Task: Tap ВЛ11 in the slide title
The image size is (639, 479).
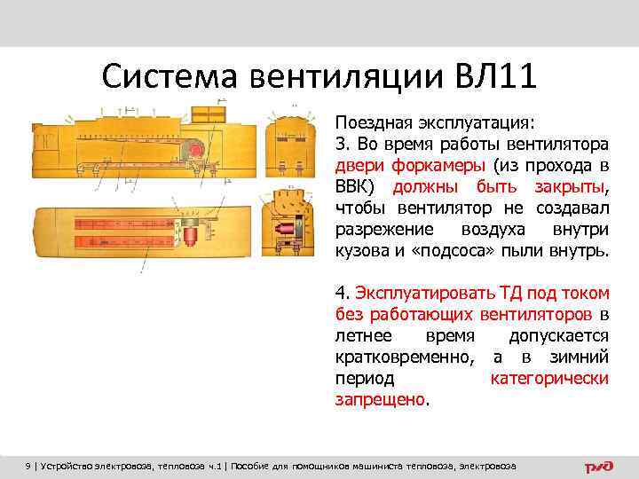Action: pos(493,76)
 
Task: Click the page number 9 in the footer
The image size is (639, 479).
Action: pos(28,466)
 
